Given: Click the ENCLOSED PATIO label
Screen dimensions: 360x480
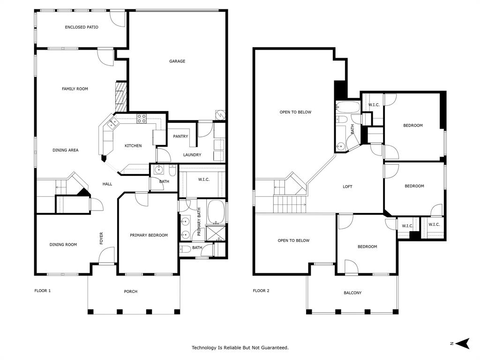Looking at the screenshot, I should [x=82, y=27].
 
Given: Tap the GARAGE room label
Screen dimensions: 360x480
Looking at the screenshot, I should [x=177, y=61].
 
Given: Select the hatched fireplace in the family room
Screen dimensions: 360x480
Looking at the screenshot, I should [x=121, y=93].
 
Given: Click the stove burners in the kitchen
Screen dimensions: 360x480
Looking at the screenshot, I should [x=142, y=118].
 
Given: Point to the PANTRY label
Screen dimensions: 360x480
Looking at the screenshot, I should [x=180, y=136].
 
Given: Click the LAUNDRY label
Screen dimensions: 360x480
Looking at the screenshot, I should [x=192, y=155].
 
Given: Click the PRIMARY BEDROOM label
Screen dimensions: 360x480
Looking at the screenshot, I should [x=149, y=235].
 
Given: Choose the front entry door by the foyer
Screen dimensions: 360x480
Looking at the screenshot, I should [x=106, y=256].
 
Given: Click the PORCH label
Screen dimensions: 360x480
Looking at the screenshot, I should [x=131, y=292].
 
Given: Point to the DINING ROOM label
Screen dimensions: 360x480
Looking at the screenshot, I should [x=63, y=244].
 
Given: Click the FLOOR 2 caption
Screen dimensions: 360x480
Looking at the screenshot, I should [x=261, y=291].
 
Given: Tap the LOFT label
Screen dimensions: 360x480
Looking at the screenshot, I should [x=347, y=187].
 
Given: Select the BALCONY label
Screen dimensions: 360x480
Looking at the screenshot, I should [x=352, y=293].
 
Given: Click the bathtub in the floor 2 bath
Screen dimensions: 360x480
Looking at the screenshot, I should [x=347, y=107].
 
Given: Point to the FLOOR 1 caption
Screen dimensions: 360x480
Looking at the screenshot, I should [x=43, y=291].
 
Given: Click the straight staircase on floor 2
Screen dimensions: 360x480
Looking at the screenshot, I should [x=289, y=205].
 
